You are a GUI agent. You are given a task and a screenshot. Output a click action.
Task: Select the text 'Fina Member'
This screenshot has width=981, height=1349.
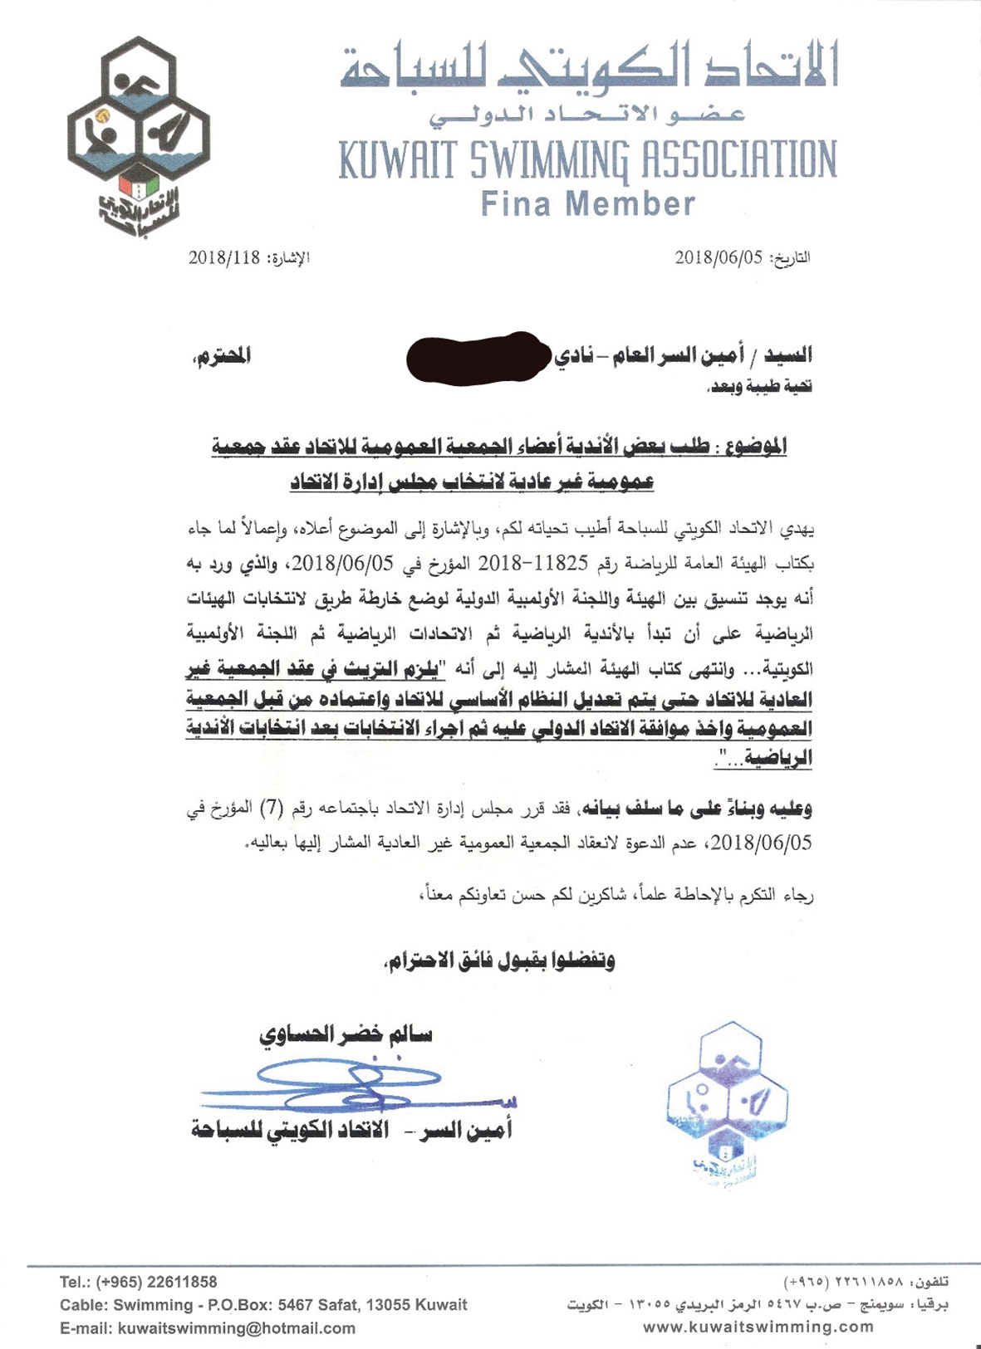coord(587,204)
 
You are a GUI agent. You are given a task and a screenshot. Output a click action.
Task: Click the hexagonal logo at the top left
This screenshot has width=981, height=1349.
coord(138,133)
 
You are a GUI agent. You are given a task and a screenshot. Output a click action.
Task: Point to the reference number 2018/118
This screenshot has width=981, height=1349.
coord(224,257)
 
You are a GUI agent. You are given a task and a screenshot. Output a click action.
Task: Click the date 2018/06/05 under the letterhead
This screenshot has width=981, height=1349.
coord(719,257)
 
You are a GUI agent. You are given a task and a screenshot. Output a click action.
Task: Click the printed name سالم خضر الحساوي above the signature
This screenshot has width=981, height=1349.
coord(346,1035)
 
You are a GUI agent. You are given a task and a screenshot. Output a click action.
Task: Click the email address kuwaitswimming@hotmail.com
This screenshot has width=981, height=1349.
coord(236,1328)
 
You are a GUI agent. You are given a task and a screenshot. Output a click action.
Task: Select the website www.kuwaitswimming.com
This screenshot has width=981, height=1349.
coord(758,1327)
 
